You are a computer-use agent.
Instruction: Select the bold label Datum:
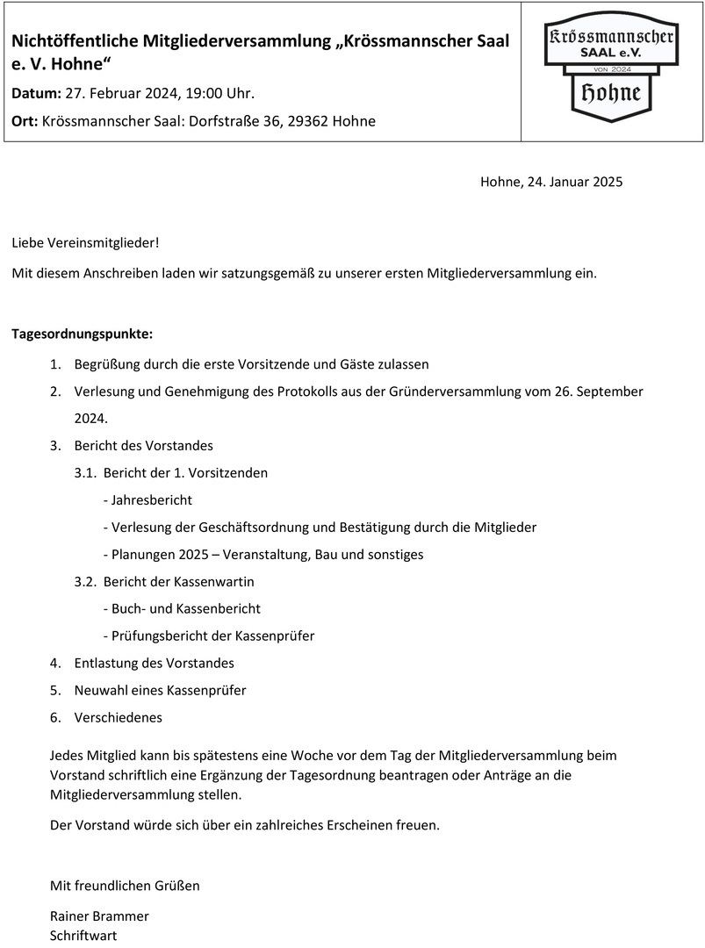point(37,93)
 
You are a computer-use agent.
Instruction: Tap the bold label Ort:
point(25,121)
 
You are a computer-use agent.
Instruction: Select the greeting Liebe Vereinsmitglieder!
point(86,241)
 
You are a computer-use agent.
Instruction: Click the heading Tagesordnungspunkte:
point(83,334)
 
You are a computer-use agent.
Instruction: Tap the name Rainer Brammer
point(99,916)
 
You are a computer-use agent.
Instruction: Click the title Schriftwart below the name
point(83,935)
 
